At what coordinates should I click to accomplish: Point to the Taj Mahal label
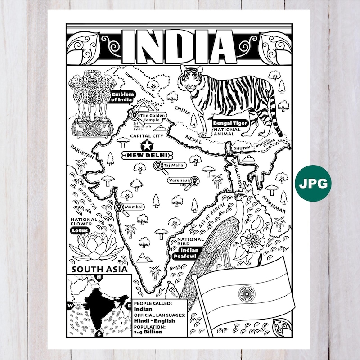click(x=175, y=166)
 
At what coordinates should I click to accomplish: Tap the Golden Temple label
click(x=153, y=117)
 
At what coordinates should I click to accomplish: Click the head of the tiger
click(x=191, y=81)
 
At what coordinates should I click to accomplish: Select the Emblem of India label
click(x=121, y=97)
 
